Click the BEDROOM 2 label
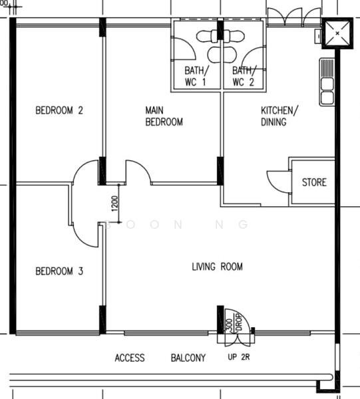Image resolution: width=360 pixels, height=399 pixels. pyautogui.click(x=59, y=111)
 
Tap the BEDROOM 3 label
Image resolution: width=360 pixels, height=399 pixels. pyautogui.click(x=59, y=271)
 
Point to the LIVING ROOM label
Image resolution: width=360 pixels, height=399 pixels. pyautogui.click(x=217, y=267)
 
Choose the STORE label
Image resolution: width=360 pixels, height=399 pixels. pyautogui.click(x=314, y=182)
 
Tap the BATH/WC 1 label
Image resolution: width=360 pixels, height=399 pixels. pyautogui.click(x=196, y=76)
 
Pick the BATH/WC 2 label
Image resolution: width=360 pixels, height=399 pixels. pyautogui.click(x=244, y=76)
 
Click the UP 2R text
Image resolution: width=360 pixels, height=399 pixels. pyautogui.click(x=239, y=358)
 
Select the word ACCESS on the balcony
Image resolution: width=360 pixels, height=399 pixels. pyautogui.click(x=129, y=358)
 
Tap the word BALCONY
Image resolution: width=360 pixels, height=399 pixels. pyautogui.click(x=188, y=358)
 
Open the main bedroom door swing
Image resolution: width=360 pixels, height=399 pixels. pyautogui.click(x=138, y=172)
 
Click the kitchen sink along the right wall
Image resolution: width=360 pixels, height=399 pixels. pyautogui.click(x=327, y=82)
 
